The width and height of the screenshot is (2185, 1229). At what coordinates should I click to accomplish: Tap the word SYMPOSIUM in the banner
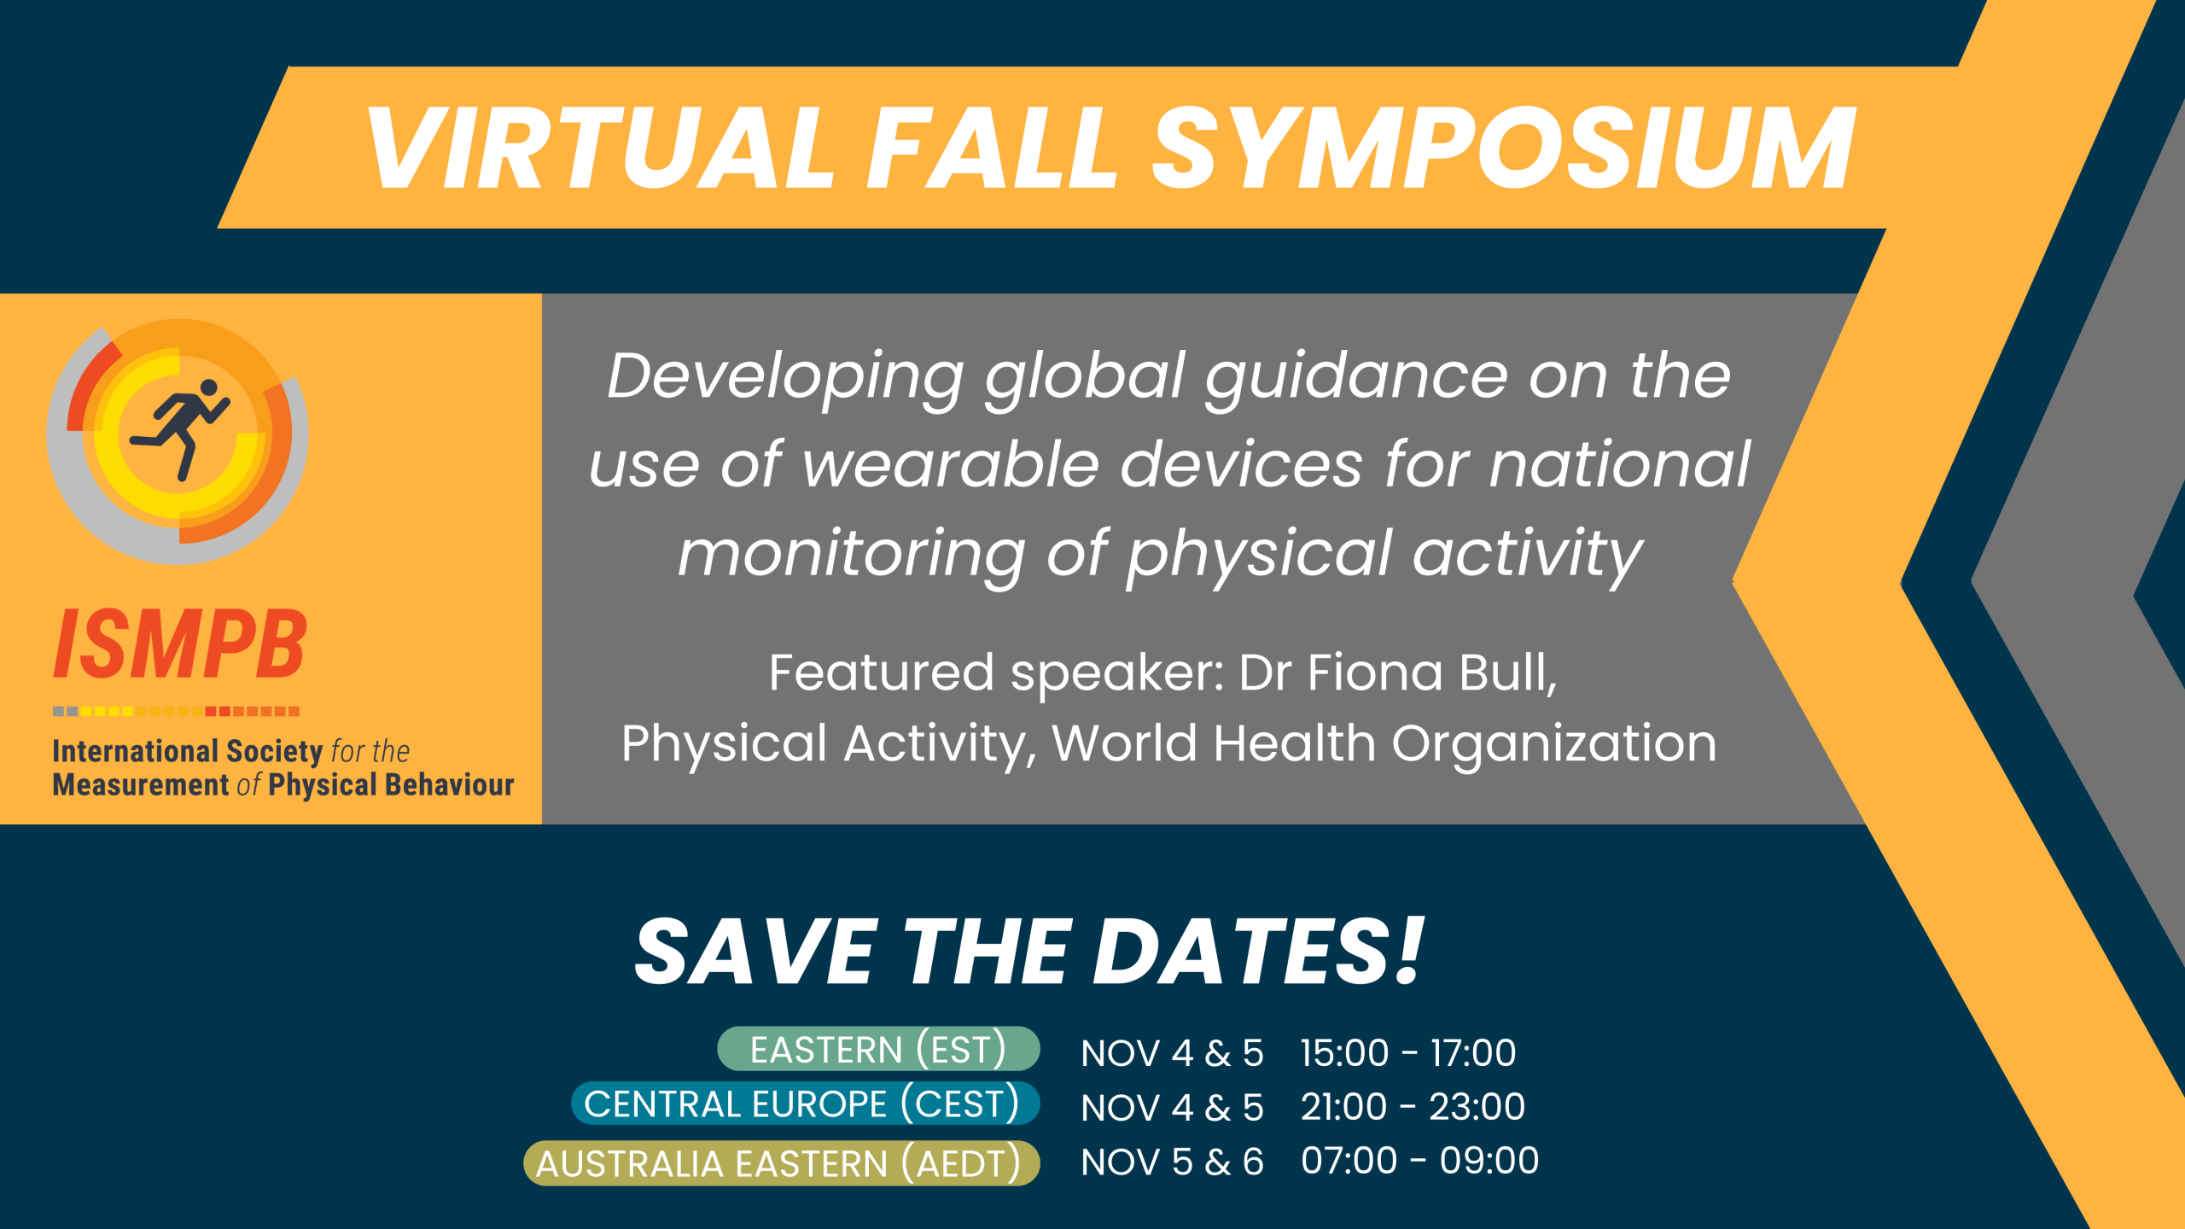(x=1504, y=148)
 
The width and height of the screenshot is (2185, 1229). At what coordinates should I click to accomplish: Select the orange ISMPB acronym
(x=179, y=644)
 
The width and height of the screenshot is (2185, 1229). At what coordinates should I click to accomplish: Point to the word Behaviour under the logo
(x=450, y=784)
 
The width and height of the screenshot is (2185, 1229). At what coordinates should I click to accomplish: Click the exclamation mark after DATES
(x=1408, y=950)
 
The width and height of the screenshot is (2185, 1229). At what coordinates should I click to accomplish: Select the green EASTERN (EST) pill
(x=878, y=1049)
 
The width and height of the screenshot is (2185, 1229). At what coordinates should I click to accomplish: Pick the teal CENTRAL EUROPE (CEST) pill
(x=805, y=1104)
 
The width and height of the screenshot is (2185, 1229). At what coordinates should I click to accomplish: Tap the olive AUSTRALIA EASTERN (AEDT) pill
(x=781, y=1163)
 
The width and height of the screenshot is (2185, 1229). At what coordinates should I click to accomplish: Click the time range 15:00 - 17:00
(x=1408, y=1053)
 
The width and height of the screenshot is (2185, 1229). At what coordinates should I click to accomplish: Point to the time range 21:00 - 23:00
(x=1413, y=1107)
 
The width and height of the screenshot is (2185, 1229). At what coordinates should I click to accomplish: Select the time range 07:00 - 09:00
(x=1419, y=1161)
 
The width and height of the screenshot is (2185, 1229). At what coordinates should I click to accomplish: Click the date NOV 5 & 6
(x=1172, y=1162)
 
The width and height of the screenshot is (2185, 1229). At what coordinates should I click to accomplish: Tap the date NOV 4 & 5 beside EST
(x=1172, y=1053)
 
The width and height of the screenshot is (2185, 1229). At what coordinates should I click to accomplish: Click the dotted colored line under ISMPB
(x=176, y=711)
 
